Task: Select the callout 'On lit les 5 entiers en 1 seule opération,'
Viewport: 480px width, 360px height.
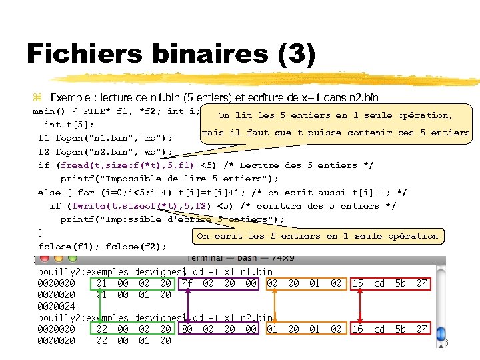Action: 335,115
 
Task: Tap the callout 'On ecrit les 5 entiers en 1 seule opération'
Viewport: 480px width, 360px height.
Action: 317,236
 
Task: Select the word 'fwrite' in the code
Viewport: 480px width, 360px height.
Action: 87,205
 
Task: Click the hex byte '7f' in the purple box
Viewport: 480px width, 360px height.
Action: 187,283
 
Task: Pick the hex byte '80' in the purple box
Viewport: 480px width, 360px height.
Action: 187,329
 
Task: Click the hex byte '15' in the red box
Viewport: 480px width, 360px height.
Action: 358,283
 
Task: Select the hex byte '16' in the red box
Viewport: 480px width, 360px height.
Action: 358,329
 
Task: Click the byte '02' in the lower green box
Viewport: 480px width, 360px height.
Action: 101,329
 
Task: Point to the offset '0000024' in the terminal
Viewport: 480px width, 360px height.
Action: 58,306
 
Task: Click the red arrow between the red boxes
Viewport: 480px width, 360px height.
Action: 360,306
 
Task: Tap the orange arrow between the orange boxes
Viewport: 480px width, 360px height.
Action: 275,306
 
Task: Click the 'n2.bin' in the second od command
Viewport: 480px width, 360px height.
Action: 257,317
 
